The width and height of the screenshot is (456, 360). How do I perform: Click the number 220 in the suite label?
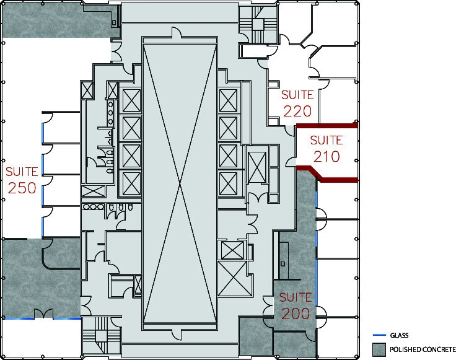(297, 111)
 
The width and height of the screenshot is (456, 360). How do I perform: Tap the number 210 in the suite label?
(326, 156)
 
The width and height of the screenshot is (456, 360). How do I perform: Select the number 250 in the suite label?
(22, 187)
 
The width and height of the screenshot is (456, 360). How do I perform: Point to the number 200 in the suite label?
(295, 314)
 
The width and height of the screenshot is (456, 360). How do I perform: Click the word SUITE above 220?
(297, 95)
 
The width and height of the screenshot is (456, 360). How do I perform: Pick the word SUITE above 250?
(22, 171)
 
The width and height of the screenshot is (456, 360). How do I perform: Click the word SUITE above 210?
(326, 140)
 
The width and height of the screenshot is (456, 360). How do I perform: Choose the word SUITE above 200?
(295, 297)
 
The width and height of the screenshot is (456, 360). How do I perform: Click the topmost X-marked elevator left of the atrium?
(131, 100)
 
